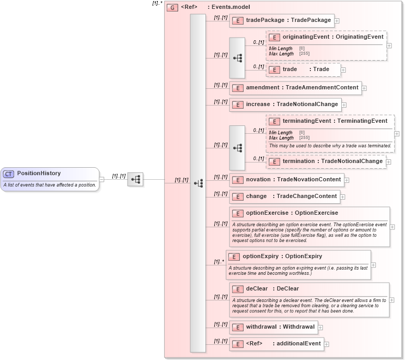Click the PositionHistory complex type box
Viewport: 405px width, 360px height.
point(50,179)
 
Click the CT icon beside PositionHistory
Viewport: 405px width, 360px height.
point(8,174)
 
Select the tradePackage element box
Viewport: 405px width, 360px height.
point(281,20)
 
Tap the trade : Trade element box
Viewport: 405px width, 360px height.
point(303,69)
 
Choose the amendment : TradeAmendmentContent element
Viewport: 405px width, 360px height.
point(295,88)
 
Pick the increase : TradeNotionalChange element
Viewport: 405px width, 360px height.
point(285,104)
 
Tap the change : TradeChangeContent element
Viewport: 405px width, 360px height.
point(285,196)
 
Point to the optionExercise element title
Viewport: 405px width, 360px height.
point(292,213)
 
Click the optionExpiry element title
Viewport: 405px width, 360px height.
point(282,257)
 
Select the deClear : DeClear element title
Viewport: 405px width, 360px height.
point(272,289)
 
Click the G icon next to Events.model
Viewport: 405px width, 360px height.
point(172,8)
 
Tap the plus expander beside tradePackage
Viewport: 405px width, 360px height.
point(337,21)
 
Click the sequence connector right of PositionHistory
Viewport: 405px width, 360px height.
point(135,179)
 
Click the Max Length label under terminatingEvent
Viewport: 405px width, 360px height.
point(281,138)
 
